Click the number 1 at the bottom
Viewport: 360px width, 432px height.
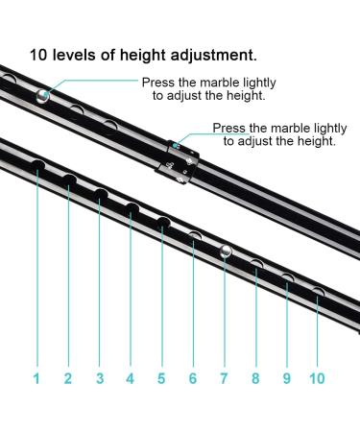(36, 378)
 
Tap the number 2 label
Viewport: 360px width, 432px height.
(67, 378)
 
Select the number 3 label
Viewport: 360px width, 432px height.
(99, 378)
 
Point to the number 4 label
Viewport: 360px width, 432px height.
(130, 378)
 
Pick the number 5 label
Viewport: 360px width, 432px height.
(161, 378)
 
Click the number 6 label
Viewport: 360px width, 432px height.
(192, 378)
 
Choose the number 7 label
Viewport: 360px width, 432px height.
(224, 378)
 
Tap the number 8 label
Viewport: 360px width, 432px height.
(255, 378)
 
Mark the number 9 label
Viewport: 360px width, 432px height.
(286, 378)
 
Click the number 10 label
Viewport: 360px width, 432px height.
(318, 378)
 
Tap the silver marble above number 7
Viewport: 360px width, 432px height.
(224, 252)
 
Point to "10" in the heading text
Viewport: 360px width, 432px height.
(39, 55)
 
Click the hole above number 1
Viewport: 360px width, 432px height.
(38, 166)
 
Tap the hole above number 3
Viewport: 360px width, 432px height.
(100, 195)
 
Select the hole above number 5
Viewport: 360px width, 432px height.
(163, 224)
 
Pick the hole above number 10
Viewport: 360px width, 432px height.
(318, 293)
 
